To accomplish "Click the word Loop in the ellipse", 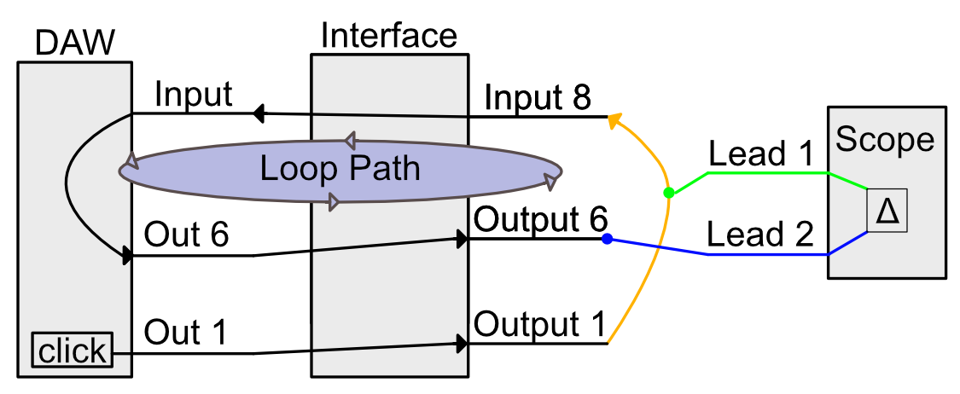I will tap(295, 169).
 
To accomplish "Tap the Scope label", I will tap(884, 140).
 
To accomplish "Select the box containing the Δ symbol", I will tap(887, 211).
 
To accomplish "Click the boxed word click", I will tap(73, 350).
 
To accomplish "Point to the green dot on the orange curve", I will tap(669, 193).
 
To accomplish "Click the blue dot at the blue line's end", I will tap(607, 239).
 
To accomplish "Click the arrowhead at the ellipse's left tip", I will tap(130, 162).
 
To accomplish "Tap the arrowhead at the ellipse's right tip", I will tap(551, 182).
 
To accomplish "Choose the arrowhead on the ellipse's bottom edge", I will tap(334, 202).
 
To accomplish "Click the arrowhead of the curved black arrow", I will tap(128, 254).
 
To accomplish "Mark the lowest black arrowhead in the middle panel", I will tap(462, 344).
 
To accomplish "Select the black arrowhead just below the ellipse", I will tap(462, 239).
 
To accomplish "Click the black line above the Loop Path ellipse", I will tap(389, 114).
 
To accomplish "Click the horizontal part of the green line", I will tap(768, 173).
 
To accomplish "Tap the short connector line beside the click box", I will tap(121, 353).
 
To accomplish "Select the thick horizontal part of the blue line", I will tap(768, 254).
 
